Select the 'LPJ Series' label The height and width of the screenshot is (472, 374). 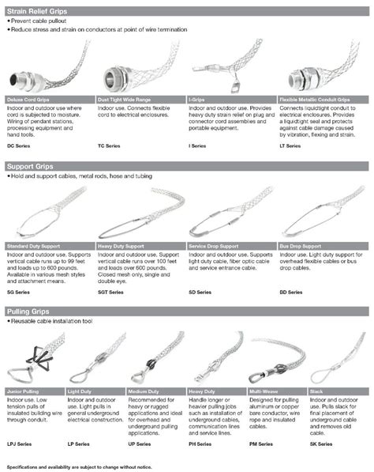click(19, 446)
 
